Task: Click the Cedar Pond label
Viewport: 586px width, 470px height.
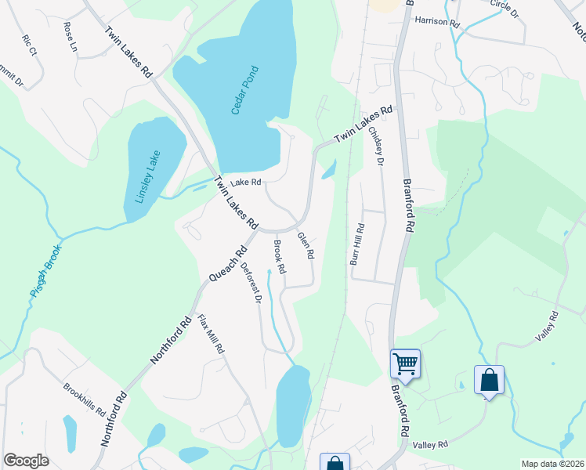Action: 246,90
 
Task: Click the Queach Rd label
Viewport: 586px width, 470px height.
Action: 228,264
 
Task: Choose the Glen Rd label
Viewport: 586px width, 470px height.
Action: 305,245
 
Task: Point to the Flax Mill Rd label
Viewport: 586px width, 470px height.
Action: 211,334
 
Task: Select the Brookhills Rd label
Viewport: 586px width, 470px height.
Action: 85,399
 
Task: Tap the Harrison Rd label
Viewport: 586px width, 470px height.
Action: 437,20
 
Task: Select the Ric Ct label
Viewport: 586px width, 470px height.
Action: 30,45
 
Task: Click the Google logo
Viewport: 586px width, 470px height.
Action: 27,461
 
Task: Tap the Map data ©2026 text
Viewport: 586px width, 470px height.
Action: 552,464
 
